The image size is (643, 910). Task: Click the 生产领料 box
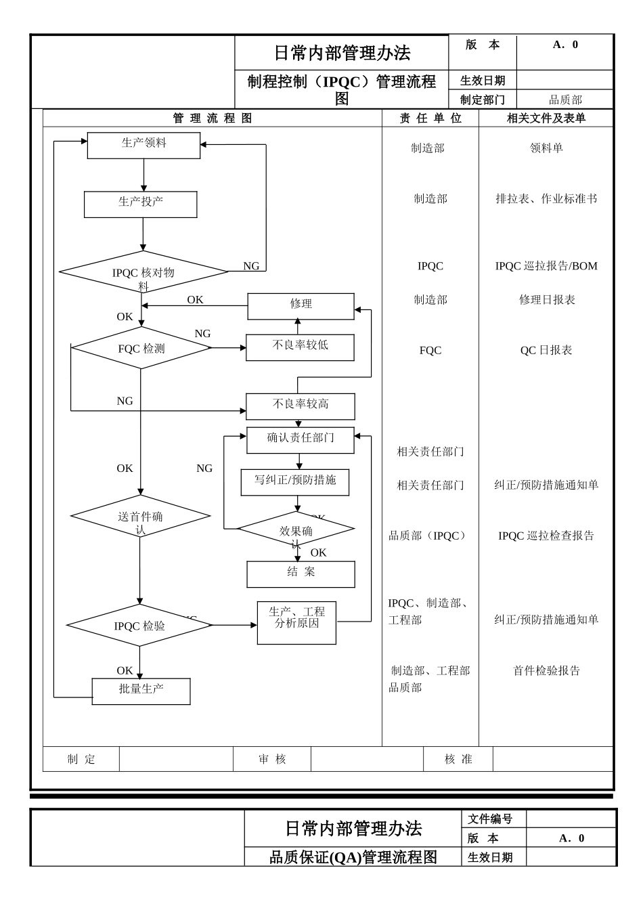click(143, 145)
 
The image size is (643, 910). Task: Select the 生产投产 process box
click(140, 204)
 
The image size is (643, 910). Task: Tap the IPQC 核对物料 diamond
click(143, 272)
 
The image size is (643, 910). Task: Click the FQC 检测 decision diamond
click(141, 349)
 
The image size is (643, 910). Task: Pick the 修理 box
click(301, 306)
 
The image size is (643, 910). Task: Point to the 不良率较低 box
click(300, 347)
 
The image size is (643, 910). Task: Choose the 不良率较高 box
click(300, 406)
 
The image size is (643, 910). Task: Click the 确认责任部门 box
click(300, 439)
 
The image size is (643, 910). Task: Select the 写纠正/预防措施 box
click(295, 482)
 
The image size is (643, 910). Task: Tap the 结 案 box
click(301, 573)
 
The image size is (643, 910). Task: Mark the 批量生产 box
click(141, 691)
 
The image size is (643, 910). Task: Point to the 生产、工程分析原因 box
click(296, 622)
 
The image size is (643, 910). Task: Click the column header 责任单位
click(430, 118)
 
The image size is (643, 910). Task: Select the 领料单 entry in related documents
click(546, 148)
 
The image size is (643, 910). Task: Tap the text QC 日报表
click(546, 350)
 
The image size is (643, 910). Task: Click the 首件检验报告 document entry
click(546, 670)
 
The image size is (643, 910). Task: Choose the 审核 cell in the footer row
click(272, 759)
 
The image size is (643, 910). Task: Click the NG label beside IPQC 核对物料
click(251, 266)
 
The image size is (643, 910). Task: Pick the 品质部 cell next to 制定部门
click(564, 100)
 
